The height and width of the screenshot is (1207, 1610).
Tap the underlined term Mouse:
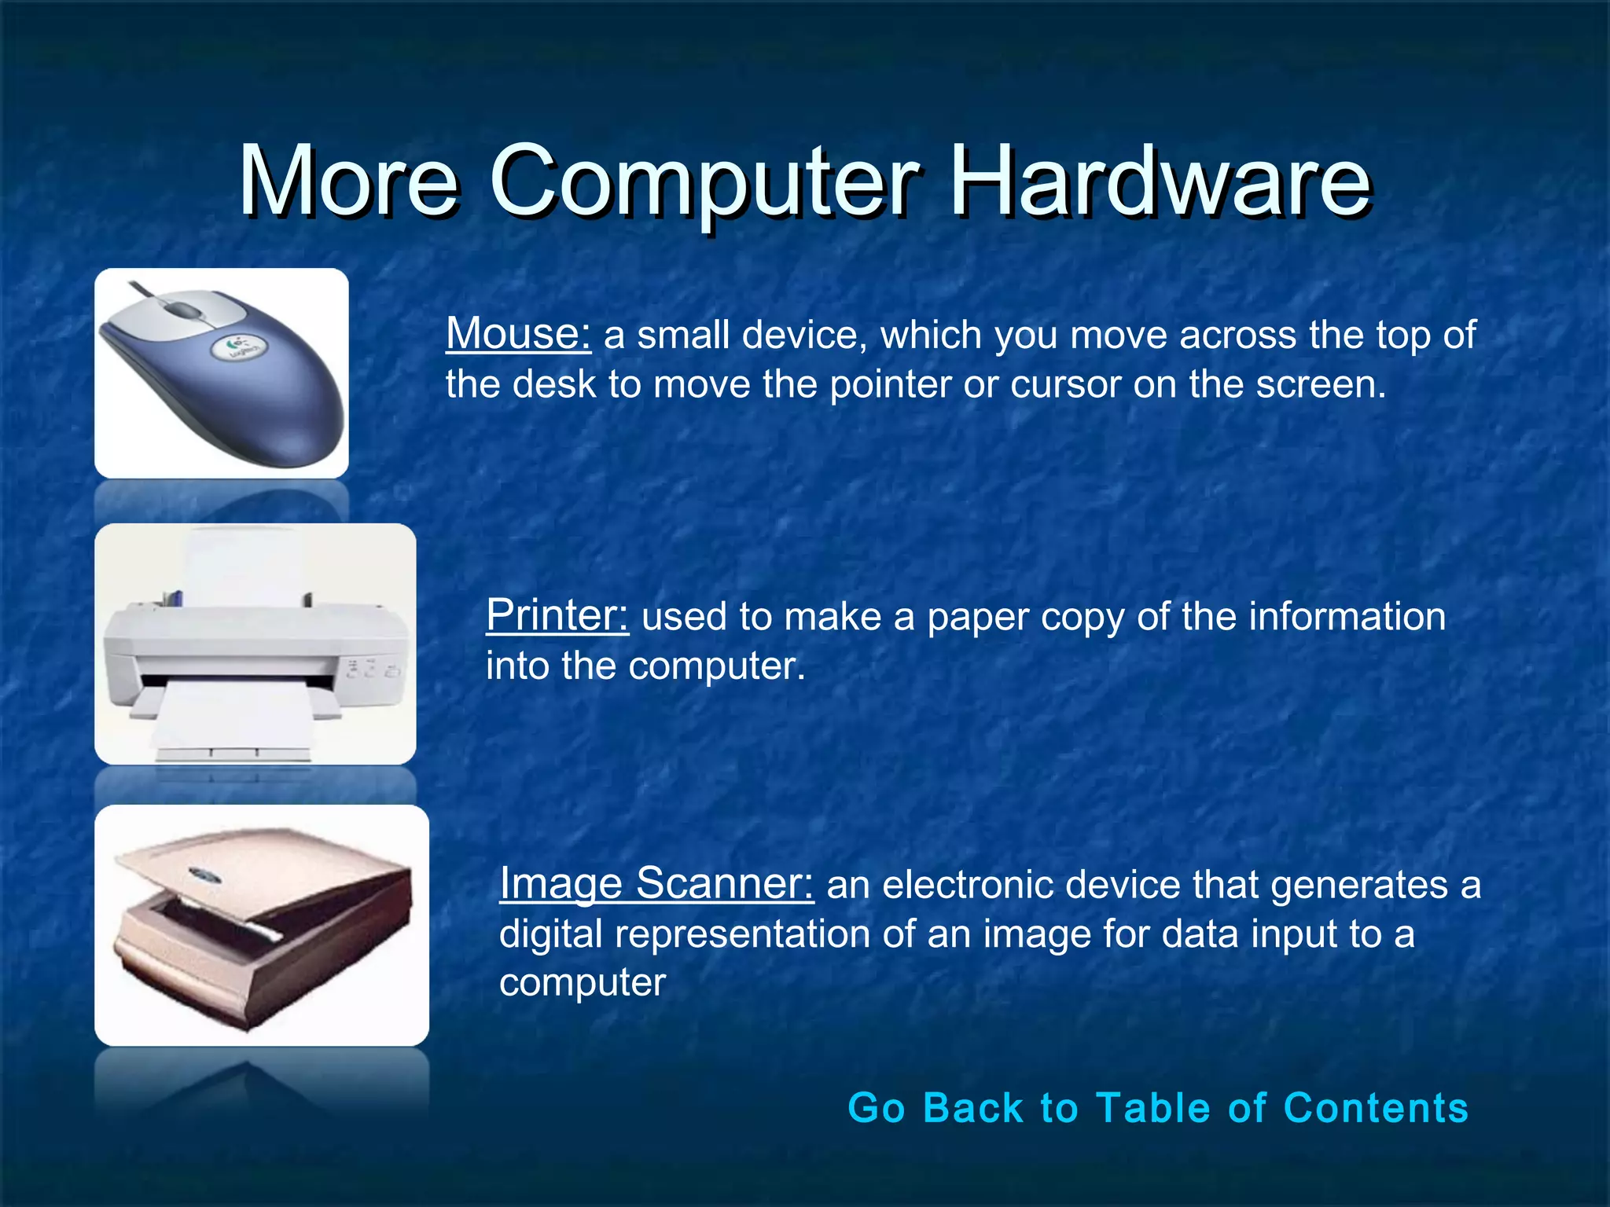tap(518, 334)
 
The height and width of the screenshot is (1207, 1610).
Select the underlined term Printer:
tap(557, 615)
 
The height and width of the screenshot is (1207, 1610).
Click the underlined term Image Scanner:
tap(656, 883)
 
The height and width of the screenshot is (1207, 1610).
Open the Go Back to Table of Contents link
tap(1157, 1108)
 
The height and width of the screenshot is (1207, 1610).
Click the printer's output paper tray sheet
tap(232, 715)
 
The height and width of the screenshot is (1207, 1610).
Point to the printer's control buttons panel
tap(369, 669)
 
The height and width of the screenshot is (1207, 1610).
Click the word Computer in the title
tap(704, 182)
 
